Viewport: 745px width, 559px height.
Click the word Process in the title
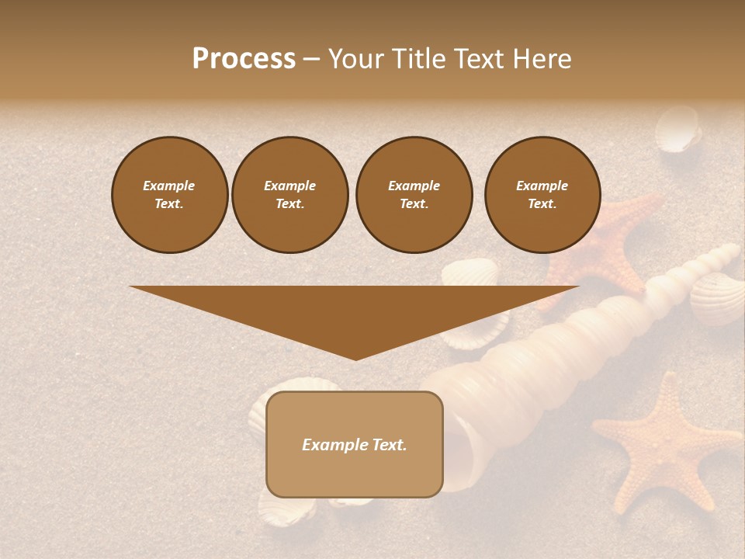(244, 59)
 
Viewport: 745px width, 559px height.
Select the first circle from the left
(169, 195)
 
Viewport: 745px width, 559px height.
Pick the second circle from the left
(289, 195)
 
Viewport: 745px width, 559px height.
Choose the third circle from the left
(414, 195)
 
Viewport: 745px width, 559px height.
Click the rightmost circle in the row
(542, 195)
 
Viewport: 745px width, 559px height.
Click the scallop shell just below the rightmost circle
(470, 273)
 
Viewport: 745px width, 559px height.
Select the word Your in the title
(354, 59)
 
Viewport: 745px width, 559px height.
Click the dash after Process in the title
(312, 60)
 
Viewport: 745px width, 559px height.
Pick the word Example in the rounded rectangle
(334, 445)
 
